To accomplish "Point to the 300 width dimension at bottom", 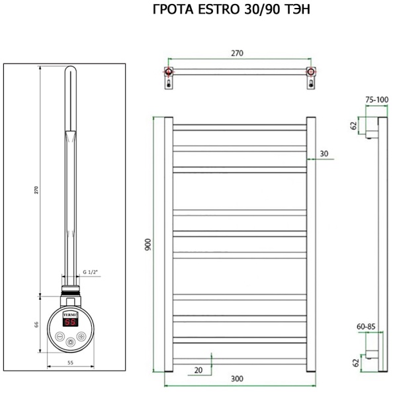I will pos(236,378).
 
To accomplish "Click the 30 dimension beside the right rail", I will pos(324,154).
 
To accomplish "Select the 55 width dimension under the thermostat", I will pos(69,363).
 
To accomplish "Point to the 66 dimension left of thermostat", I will pos(38,324).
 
